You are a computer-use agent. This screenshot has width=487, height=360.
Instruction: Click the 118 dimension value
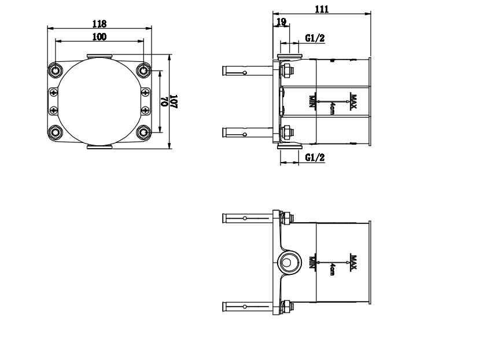(99, 24)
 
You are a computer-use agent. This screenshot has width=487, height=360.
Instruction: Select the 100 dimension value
(99, 36)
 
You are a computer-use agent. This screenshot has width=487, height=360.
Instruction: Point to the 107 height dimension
(174, 101)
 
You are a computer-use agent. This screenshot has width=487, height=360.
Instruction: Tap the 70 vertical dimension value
(164, 101)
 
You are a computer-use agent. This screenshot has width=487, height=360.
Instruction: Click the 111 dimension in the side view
(322, 9)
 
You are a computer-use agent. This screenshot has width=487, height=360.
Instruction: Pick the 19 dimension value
(281, 22)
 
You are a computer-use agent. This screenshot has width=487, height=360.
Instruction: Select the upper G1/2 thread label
(315, 38)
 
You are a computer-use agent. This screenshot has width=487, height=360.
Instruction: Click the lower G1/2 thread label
(315, 157)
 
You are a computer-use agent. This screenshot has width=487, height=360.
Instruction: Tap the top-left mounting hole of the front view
(56, 70)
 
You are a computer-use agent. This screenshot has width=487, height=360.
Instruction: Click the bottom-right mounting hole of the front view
(143, 133)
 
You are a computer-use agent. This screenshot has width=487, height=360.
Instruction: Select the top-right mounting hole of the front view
(143, 70)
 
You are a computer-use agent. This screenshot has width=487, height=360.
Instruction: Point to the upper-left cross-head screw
(54, 93)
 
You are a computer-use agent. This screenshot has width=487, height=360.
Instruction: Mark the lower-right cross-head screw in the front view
(145, 110)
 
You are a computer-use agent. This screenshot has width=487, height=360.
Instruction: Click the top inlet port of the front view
(99, 56)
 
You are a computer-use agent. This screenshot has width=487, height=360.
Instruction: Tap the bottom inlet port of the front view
(99, 147)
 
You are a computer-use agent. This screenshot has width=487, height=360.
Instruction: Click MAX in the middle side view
(353, 101)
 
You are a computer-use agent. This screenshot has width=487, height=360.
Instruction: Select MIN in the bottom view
(312, 263)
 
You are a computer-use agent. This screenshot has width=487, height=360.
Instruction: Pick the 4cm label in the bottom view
(333, 269)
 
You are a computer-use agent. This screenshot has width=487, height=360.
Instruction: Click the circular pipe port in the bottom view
(289, 263)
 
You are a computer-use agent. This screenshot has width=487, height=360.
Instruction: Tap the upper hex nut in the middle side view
(287, 70)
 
